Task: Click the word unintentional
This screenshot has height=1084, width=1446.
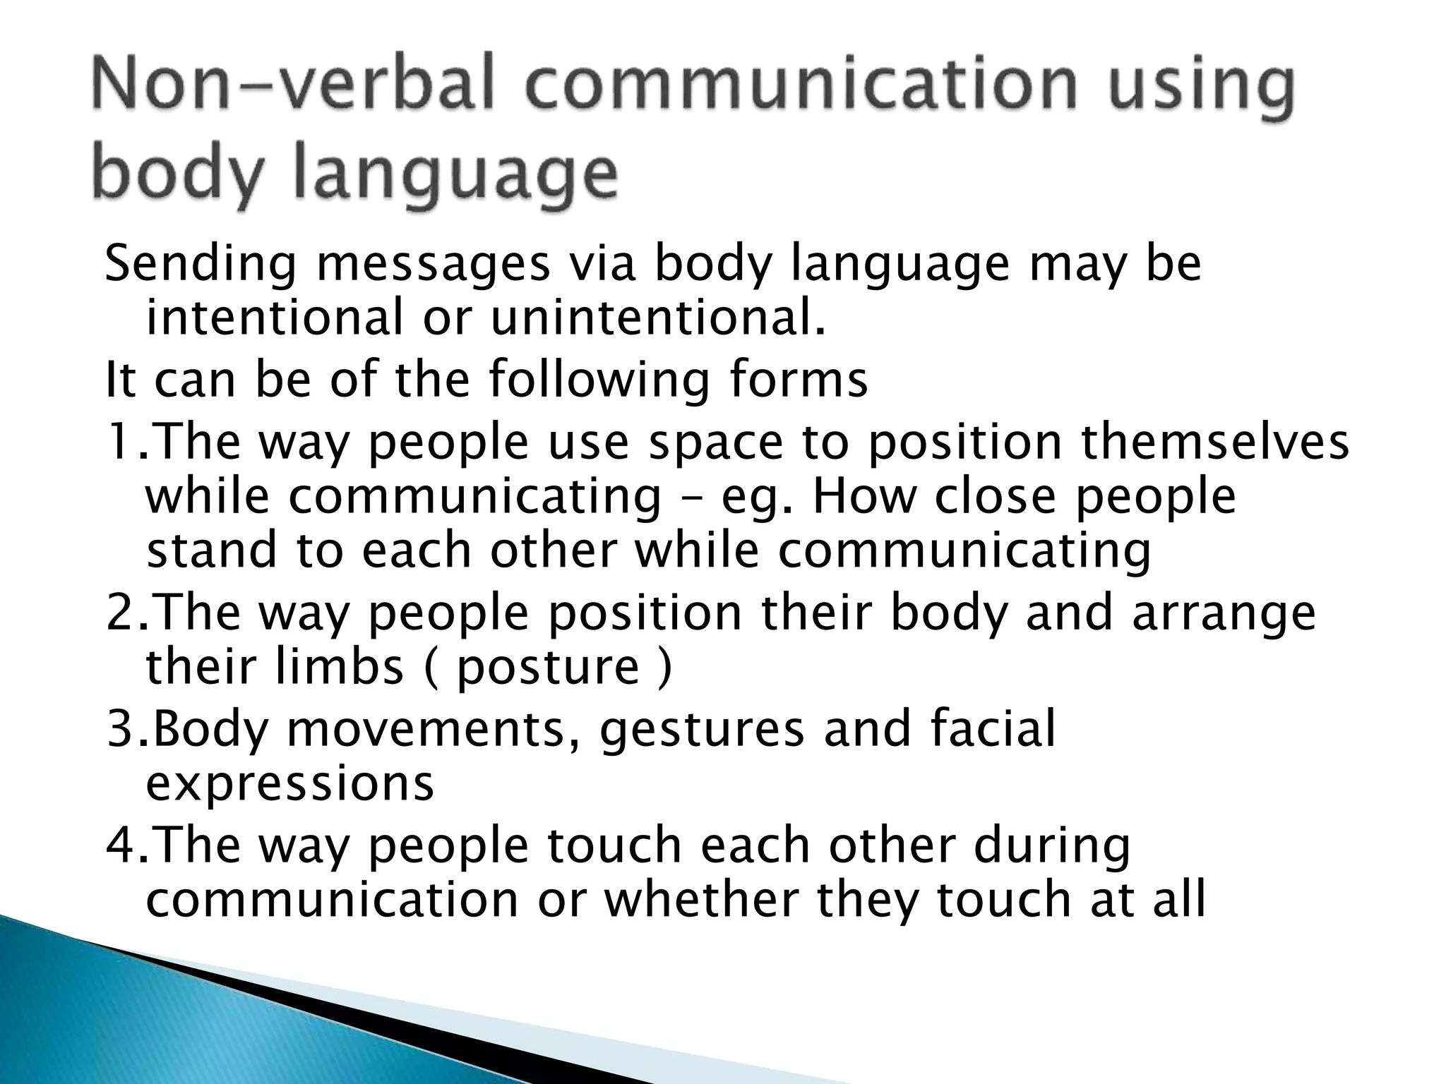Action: pos(657,317)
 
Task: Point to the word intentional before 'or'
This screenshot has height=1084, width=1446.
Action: pos(275,317)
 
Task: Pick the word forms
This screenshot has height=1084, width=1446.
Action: pos(798,379)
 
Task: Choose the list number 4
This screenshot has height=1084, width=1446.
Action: pos(122,845)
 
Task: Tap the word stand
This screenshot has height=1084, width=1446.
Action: pos(211,550)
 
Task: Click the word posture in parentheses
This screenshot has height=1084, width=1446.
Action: pos(548,667)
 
